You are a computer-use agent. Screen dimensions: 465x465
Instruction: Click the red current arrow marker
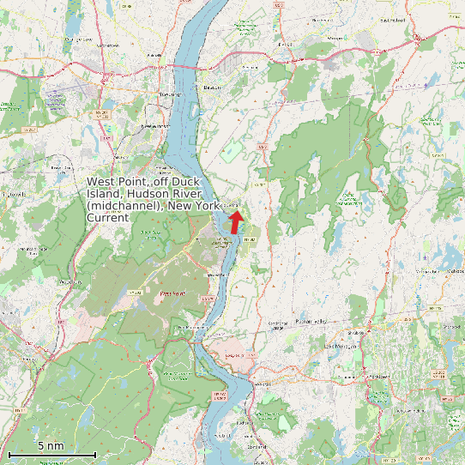[235, 221]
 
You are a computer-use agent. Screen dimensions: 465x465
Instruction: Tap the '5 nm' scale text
[50, 446]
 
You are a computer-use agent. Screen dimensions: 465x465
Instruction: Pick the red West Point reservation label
[172, 293]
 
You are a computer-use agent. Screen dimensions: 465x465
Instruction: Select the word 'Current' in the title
[108, 218]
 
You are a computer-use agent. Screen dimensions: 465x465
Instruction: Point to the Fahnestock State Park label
[349, 197]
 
